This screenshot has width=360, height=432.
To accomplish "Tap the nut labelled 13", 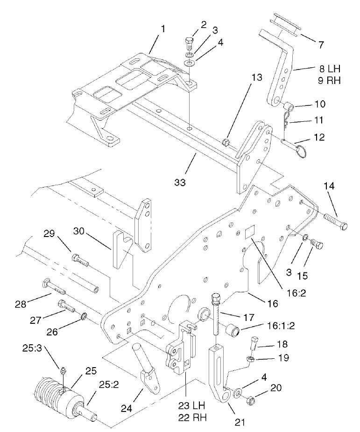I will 226,141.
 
